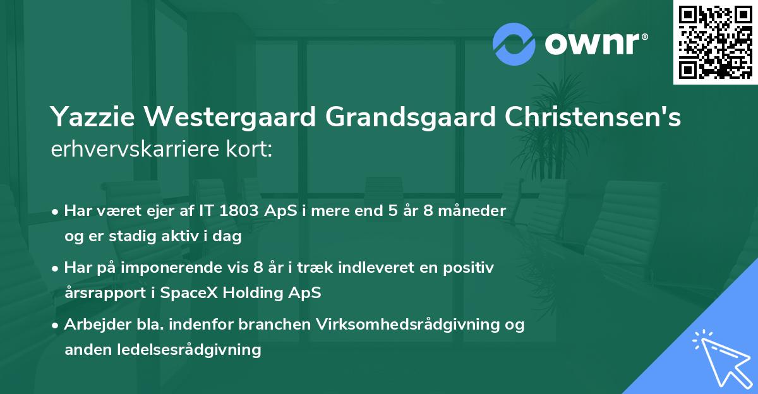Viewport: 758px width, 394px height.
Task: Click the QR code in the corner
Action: (715, 42)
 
